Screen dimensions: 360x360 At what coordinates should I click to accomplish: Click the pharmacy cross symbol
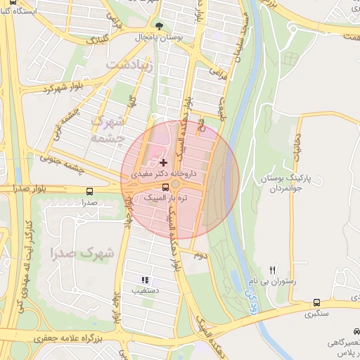164,162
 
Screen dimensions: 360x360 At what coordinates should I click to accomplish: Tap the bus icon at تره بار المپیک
165,187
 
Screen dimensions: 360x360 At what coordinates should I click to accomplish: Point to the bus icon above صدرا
89,191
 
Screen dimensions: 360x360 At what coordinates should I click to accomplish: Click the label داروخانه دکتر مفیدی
167,172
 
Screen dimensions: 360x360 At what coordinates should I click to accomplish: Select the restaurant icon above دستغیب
145,279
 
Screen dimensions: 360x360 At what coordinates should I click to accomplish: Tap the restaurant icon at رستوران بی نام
273,270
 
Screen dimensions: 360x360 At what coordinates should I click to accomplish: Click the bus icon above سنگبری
316,303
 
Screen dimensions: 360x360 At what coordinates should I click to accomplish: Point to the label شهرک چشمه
108,129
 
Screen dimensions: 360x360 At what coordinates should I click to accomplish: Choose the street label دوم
201,257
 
